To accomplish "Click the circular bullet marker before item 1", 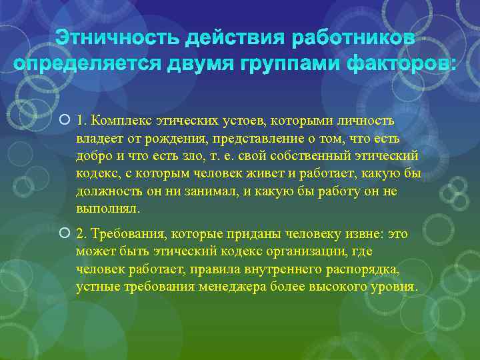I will [x=63, y=121].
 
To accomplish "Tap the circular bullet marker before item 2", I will [x=63, y=234].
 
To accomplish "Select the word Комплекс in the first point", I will [x=116, y=121].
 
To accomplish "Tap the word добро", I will [x=92, y=156].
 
